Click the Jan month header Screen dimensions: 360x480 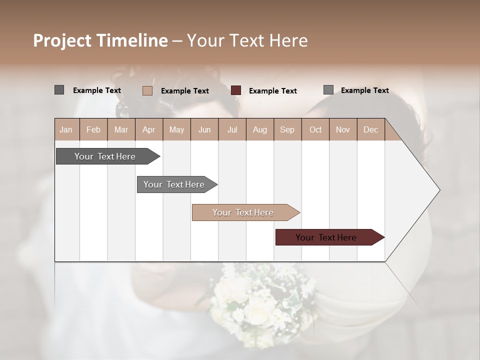(x=66, y=129)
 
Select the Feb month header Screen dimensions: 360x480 (x=93, y=129)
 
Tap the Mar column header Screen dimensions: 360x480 (x=121, y=129)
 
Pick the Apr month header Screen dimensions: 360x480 (x=149, y=129)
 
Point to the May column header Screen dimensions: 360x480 (x=176, y=129)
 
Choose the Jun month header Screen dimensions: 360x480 (x=204, y=129)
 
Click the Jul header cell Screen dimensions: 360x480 (x=232, y=129)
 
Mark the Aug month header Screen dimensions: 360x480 (x=260, y=129)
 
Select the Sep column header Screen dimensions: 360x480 (x=287, y=129)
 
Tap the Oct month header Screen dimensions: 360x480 (x=315, y=129)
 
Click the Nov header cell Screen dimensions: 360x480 (x=343, y=129)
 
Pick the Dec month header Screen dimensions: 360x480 (x=371, y=129)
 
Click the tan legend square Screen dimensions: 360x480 (x=147, y=90)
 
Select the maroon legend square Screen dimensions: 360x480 (x=236, y=90)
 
